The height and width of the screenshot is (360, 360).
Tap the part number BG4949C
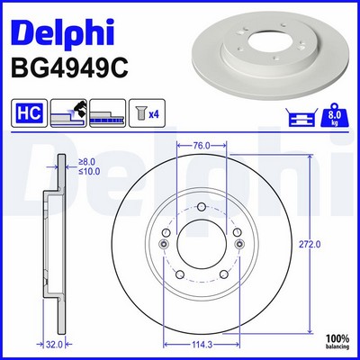69,68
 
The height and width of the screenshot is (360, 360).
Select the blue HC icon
29,113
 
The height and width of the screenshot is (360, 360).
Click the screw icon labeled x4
147,113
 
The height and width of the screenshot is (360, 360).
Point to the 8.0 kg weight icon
335,115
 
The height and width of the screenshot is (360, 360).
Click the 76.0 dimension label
202,146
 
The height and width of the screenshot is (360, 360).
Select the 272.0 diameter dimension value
310,244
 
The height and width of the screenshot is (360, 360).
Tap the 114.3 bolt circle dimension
201,345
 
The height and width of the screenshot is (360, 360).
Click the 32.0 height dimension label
54,345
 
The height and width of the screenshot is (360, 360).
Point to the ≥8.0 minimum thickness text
86,162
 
